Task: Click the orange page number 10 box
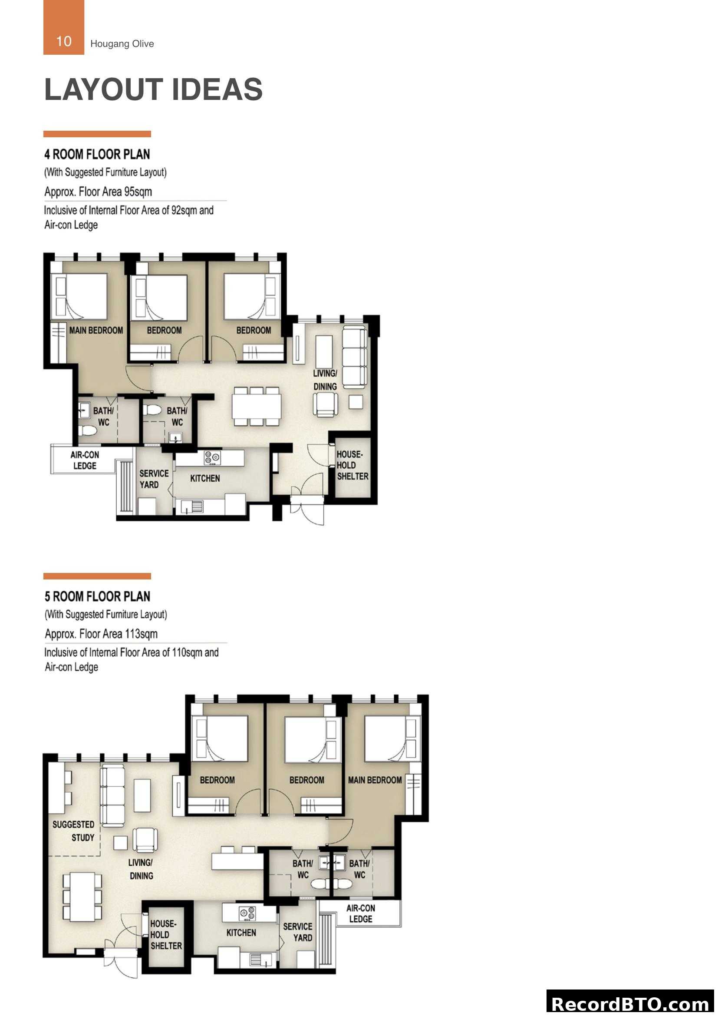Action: tap(64, 27)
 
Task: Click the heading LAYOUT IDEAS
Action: tap(153, 89)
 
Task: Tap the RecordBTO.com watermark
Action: tap(630, 1003)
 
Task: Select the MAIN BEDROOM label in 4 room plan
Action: tap(96, 330)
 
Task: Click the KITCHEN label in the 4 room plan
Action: tap(205, 478)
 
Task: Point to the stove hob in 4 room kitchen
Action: tap(212, 457)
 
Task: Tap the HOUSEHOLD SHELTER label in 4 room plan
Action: tap(352, 466)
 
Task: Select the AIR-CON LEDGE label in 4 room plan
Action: tap(85, 460)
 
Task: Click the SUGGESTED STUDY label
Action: tap(74, 831)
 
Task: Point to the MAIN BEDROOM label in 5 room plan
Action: tap(375, 780)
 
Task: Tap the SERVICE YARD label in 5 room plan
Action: tap(298, 932)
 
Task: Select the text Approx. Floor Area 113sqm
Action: tap(101, 634)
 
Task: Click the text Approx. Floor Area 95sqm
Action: tap(98, 192)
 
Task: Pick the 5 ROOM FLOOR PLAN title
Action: tap(97, 596)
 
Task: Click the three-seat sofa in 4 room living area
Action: tap(355, 357)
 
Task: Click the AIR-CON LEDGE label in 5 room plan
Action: tap(360, 913)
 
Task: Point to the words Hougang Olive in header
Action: tap(122, 44)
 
